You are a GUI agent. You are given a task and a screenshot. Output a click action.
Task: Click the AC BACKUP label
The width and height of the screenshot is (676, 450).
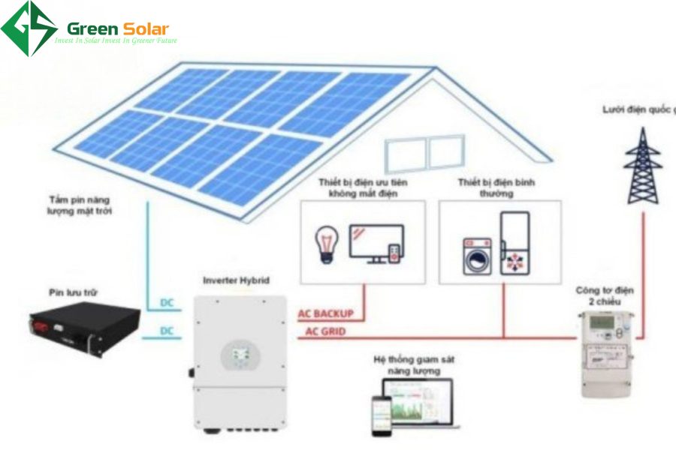(x=325, y=313)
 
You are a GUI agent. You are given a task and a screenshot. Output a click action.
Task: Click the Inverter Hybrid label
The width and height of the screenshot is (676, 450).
(x=236, y=280)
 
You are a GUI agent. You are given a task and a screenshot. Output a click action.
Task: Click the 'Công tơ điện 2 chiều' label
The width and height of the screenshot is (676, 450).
(x=596, y=295)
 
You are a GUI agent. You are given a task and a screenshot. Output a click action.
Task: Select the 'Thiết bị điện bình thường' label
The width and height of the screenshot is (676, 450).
(x=485, y=187)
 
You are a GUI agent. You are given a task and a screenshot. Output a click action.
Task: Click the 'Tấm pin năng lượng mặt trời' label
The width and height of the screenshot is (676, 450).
(x=73, y=207)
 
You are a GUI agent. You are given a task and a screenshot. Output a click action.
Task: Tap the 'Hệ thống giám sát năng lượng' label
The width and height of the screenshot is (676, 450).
(x=414, y=365)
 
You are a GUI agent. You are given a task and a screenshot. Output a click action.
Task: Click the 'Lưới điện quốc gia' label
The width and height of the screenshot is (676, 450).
(x=639, y=109)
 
